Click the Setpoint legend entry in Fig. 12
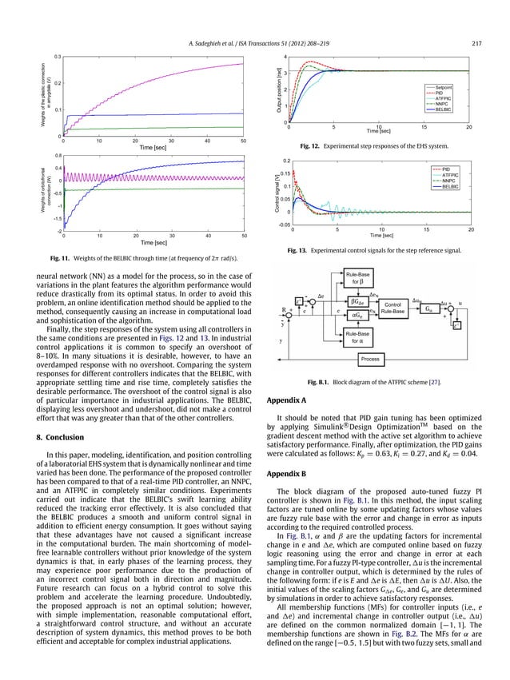pyautogui.click(x=444, y=85)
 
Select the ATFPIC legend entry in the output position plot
pyautogui.click(x=444, y=97)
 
